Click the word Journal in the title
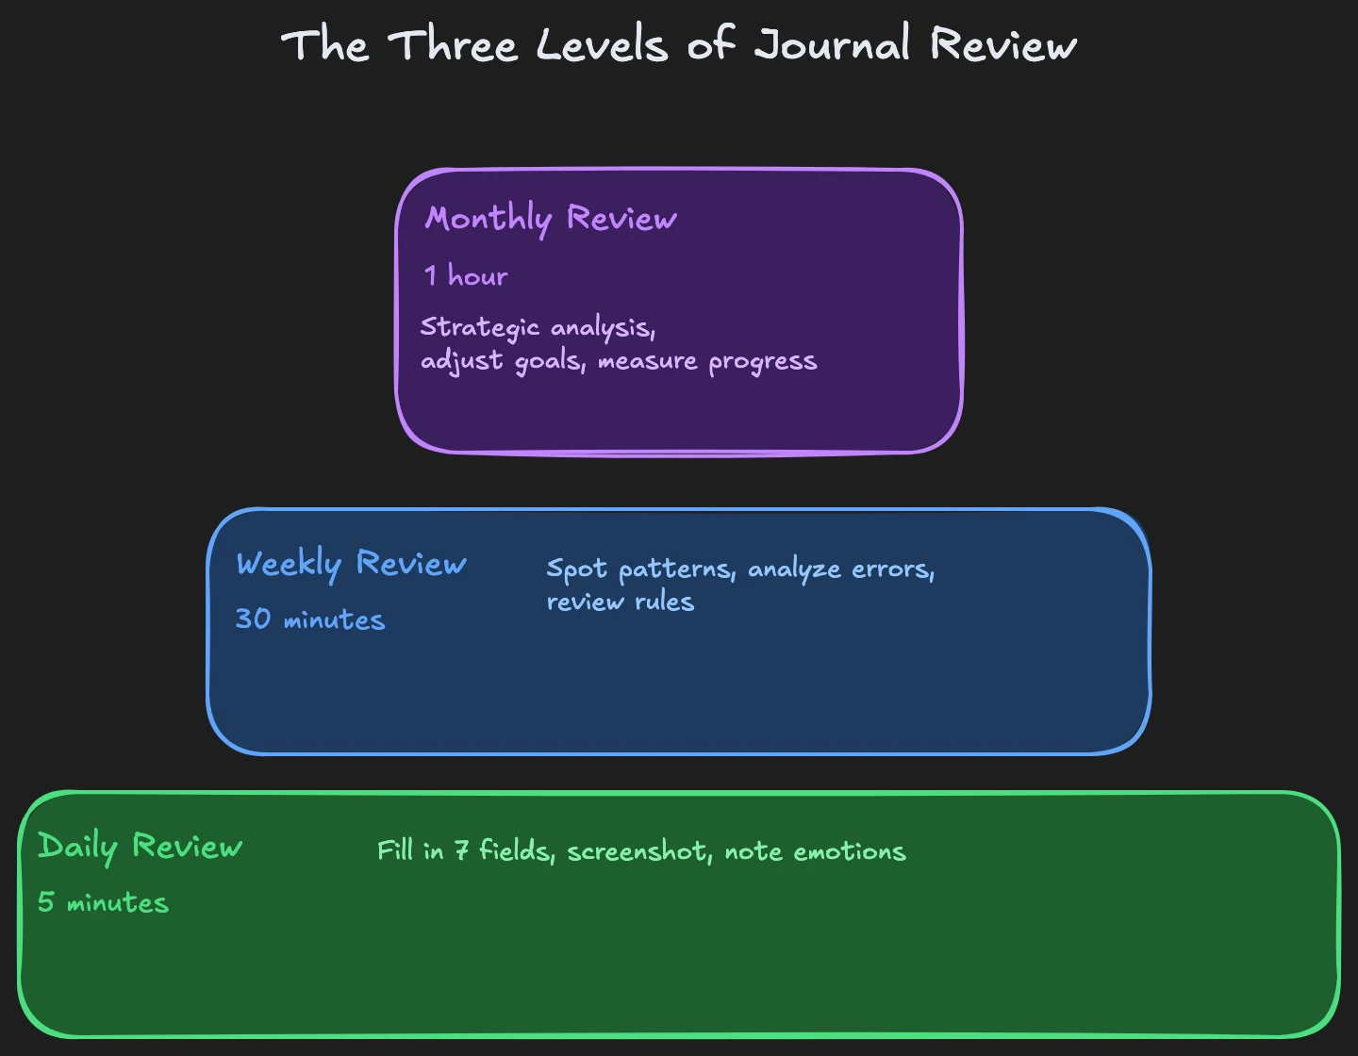pos(833,45)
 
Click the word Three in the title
pos(454,45)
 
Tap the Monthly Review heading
pos(551,219)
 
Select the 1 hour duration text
pos(466,276)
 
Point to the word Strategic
pos(479,328)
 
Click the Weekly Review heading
pos(351,564)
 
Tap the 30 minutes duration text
pos(310,619)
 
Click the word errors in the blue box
pos(892,570)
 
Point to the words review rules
pos(621,602)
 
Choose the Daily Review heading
pos(140,847)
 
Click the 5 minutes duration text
pos(104,902)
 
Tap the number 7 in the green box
pos(461,851)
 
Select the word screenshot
pos(638,851)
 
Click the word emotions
pos(849,851)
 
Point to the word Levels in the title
pos(602,45)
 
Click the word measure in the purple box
pos(647,362)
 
